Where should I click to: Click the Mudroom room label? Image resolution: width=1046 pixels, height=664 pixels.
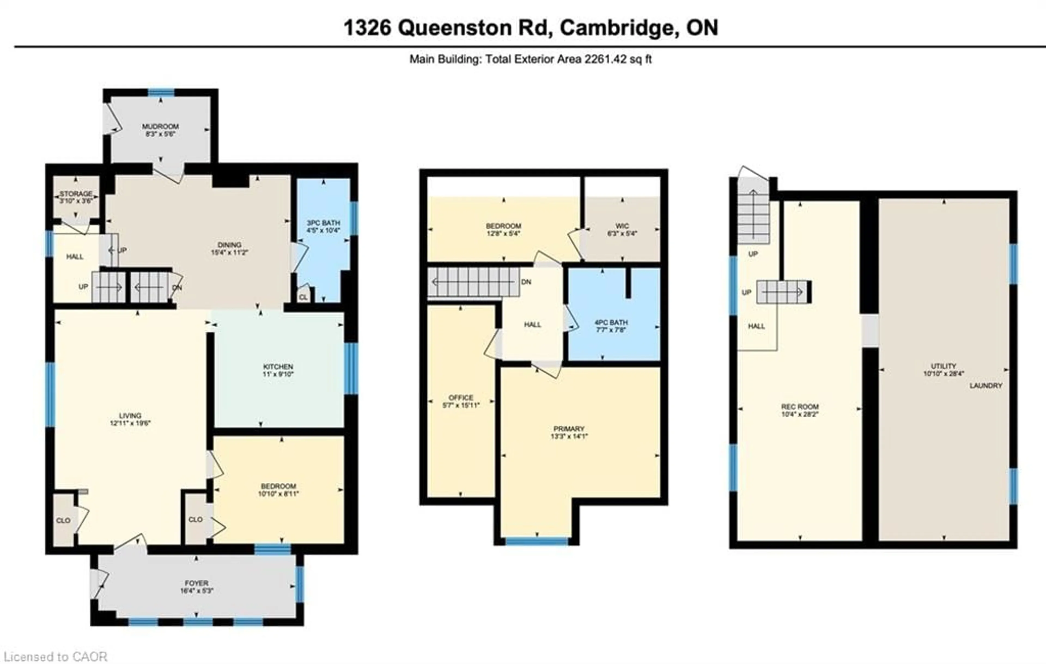click(160, 126)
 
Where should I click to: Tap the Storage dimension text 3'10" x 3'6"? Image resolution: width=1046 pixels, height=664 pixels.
click(76, 201)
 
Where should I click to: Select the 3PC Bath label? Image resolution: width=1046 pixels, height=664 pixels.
click(323, 223)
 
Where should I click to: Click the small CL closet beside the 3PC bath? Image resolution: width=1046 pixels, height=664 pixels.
click(303, 297)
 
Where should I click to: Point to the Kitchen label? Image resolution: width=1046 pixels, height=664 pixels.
click(278, 367)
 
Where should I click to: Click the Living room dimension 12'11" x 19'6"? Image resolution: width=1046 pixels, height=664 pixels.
click(130, 423)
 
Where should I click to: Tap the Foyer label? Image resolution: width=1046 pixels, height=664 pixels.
click(196, 583)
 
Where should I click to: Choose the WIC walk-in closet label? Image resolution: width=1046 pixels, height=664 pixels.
click(622, 226)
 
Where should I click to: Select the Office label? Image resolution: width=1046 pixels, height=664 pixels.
click(461, 397)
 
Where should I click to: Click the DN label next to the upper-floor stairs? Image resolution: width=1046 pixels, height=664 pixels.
click(526, 282)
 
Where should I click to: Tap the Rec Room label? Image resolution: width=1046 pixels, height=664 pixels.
click(800, 406)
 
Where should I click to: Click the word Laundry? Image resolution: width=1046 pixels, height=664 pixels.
click(986, 386)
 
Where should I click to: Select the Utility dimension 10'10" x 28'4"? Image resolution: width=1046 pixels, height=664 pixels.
click(943, 373)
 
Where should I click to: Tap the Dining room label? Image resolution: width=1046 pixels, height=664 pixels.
click(229, 245)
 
